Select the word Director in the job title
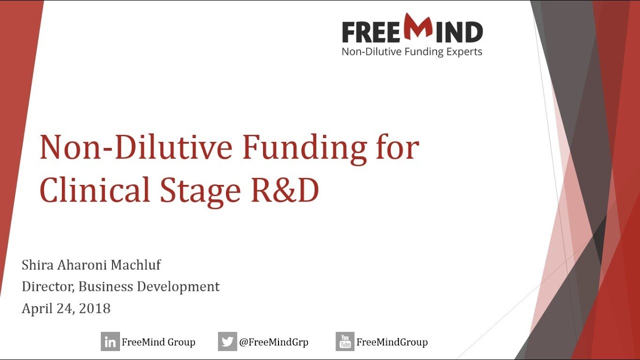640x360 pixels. coord(48,287)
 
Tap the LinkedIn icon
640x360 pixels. coord(110,342)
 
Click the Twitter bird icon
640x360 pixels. coord(227,342)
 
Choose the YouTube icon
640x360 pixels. coord(345,342)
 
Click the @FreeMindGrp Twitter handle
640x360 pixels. coord(273,342)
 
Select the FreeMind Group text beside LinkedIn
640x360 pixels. coord(158,342)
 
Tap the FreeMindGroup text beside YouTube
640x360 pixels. coord(392,342)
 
